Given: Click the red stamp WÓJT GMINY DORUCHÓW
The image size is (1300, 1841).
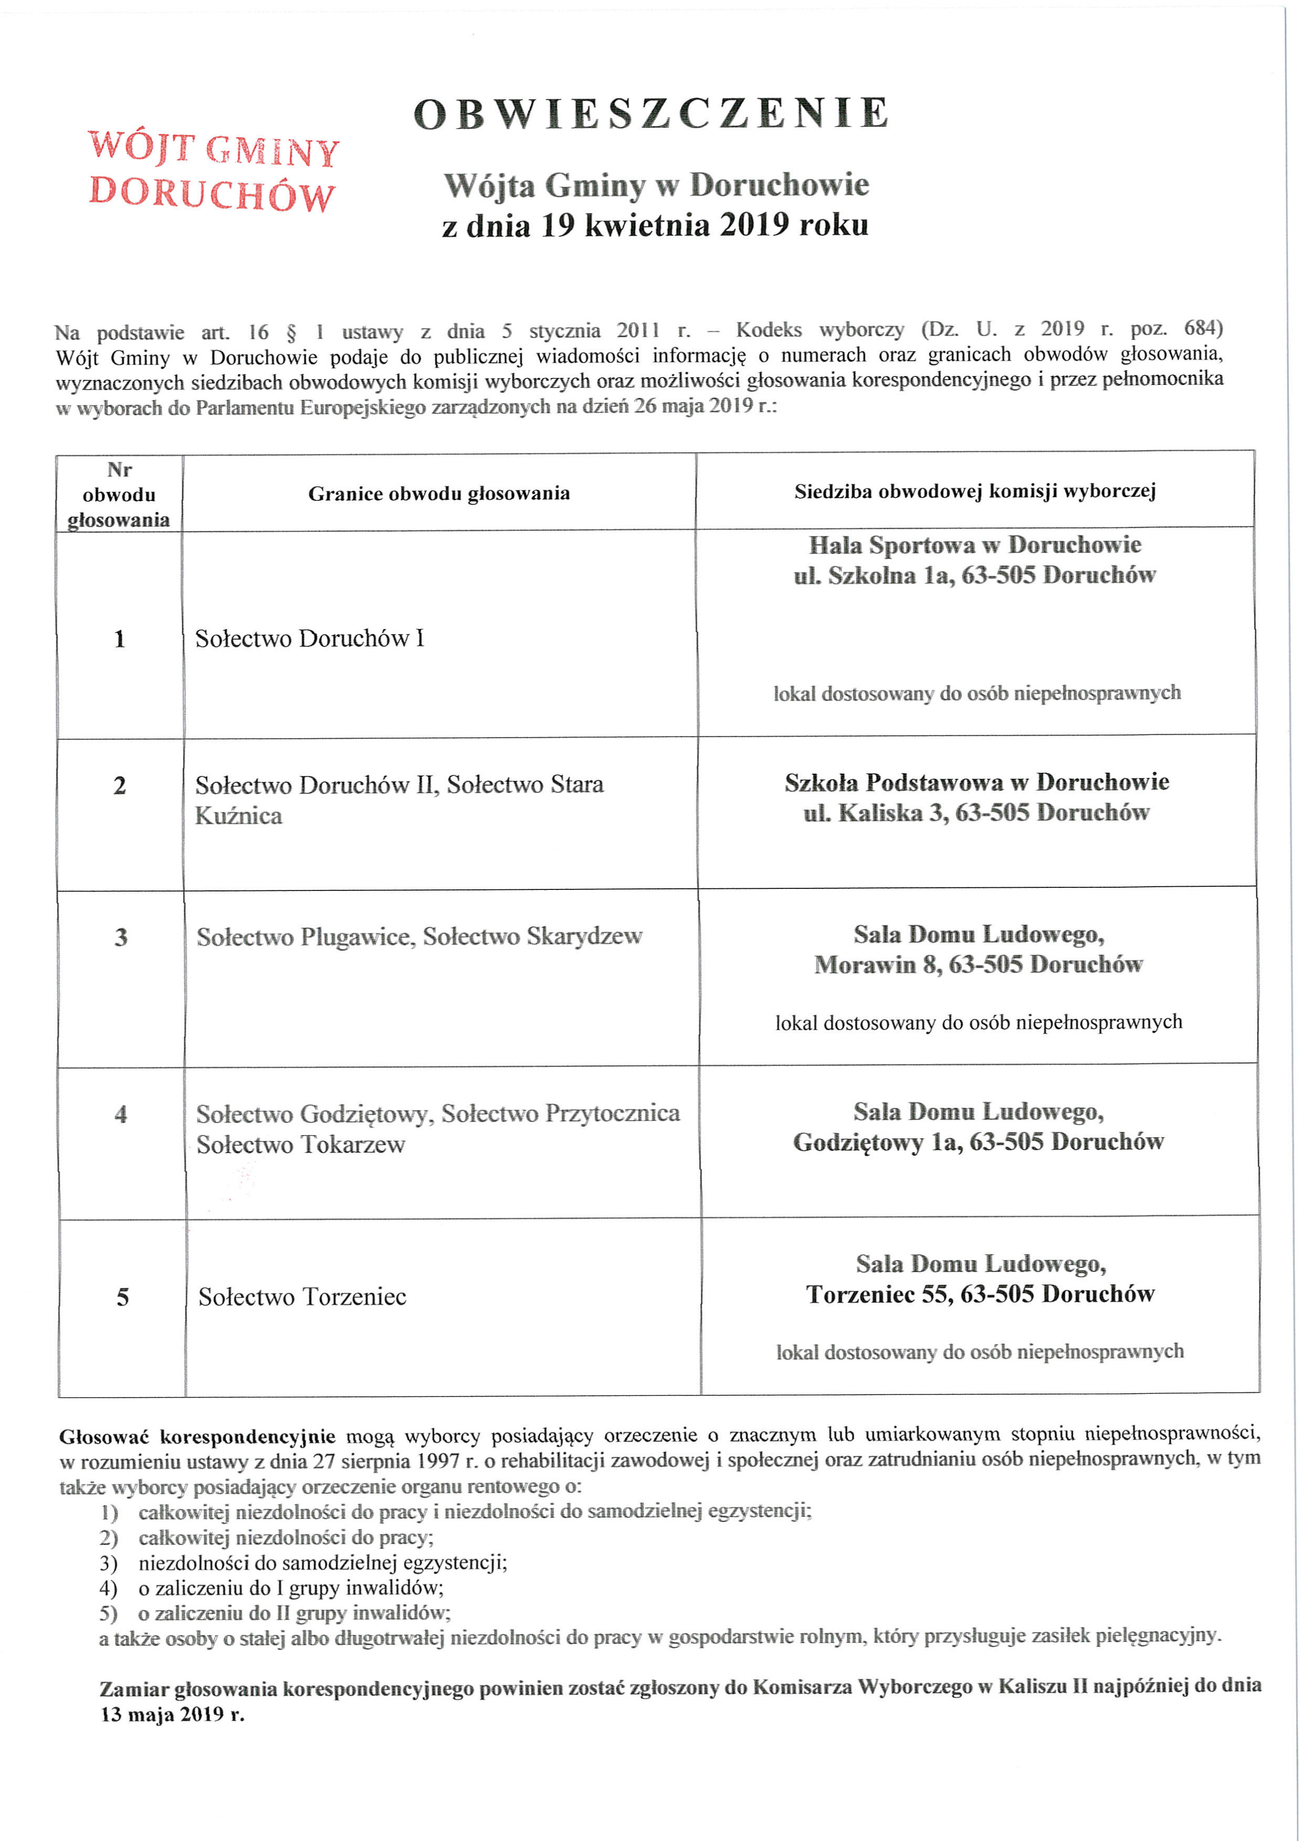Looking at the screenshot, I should (212, 171).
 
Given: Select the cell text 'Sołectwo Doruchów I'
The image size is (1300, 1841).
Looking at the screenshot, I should (309, 638).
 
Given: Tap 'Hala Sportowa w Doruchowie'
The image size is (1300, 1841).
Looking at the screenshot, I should (974, 545).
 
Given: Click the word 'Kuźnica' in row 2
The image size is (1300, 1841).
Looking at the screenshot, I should (238, 816).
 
